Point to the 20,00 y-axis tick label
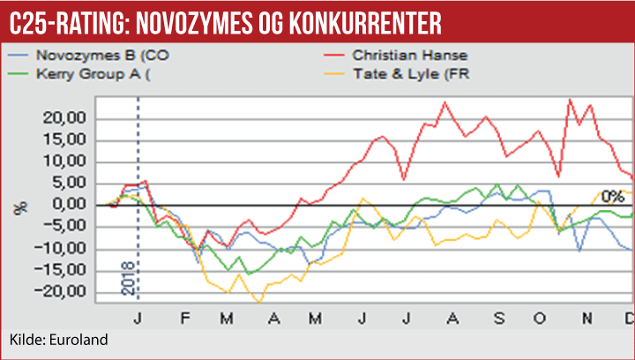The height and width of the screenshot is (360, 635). click(x=69, y=118)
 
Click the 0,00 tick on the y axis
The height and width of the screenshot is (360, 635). click(x=73, y=205)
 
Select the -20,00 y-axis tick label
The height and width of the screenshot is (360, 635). click(x=67, y=292)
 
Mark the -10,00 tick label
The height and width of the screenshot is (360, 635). click(x=67, y=249)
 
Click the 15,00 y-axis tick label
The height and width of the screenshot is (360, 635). click(x=69, y=140)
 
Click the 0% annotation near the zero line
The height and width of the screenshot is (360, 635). click(x=611, y=196)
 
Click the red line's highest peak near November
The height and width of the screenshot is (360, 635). click(x=570, y=99)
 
